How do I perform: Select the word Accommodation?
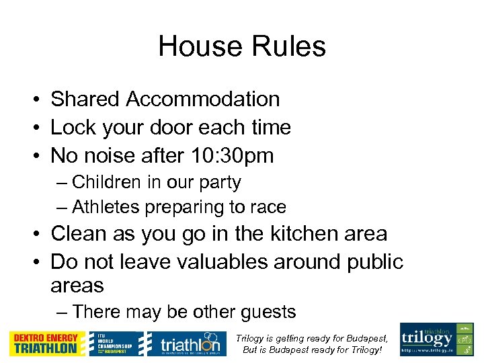203,99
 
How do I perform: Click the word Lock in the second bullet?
73,128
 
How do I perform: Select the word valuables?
221,261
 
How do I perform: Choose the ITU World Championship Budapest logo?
118,343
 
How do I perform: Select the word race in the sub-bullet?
269,207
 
